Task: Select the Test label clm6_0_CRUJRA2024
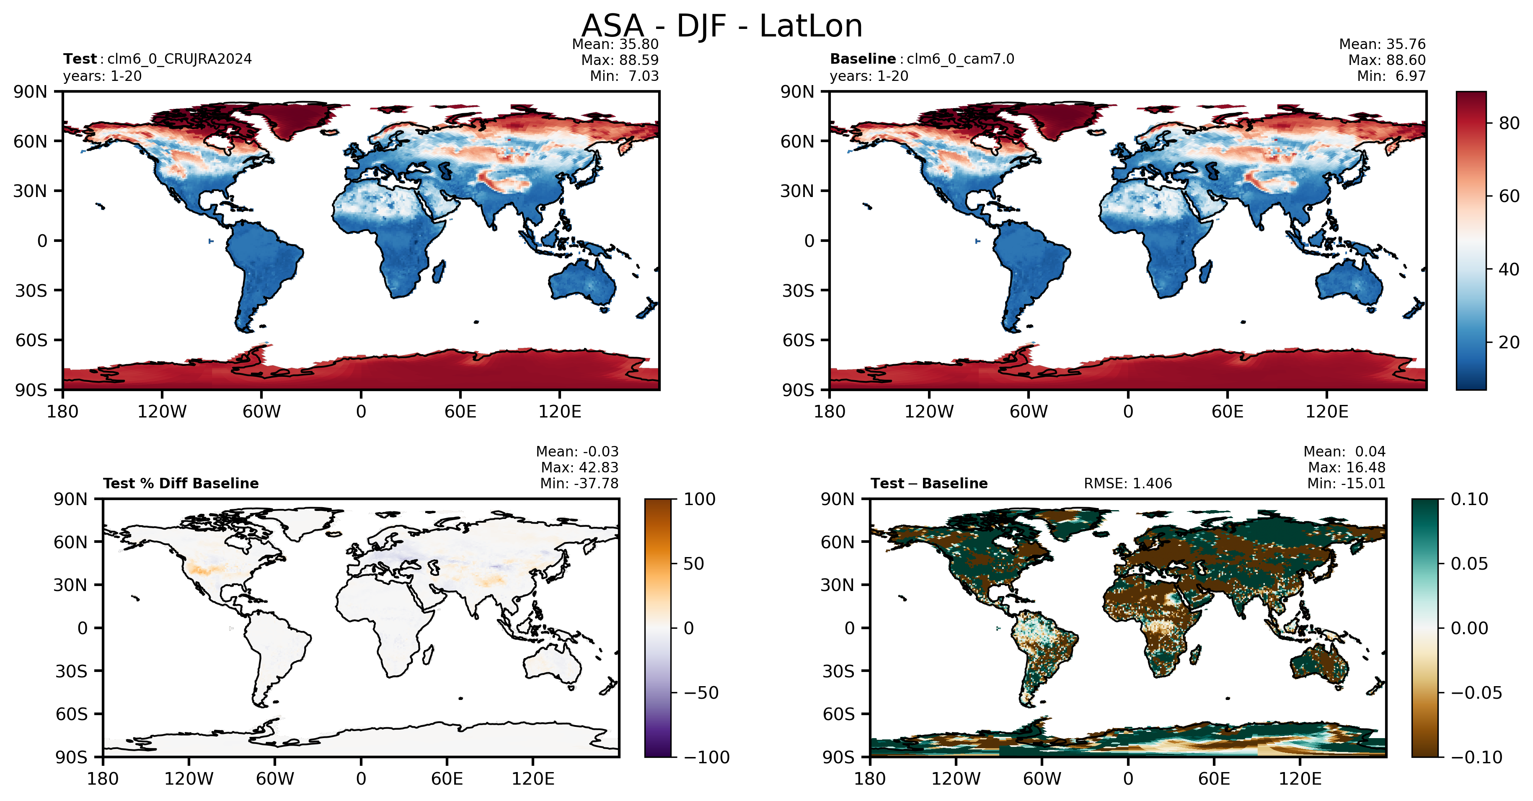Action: (179, 59)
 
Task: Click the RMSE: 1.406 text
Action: (1128, 484)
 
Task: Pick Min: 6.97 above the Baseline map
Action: (1391, 76)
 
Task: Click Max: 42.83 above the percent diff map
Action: (579, 467)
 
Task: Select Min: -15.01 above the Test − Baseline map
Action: (1346, 484)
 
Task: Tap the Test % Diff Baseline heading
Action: (181, 484)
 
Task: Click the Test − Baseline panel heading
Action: (929, 484)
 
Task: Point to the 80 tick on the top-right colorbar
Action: (1509, 123)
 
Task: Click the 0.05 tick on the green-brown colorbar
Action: (1469, 563)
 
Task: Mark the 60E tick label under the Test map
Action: (460, 412)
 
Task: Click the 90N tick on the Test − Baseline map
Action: (838, 499)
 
